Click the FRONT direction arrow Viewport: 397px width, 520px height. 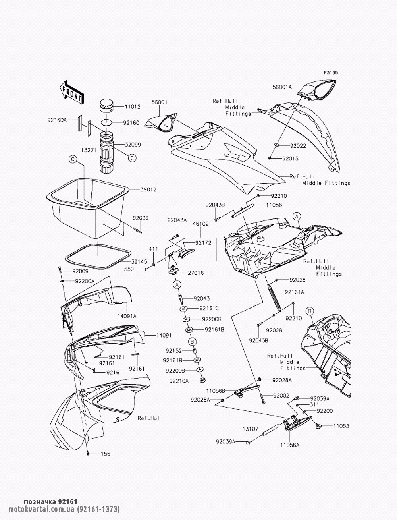71,93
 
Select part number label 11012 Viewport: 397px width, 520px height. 132,107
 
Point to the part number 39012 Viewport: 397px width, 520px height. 148,189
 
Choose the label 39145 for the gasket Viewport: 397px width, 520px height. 139,261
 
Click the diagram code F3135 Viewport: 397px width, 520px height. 331,72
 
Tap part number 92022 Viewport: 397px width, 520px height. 298,146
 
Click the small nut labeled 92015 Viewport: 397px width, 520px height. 270,158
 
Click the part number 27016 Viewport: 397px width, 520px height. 196,273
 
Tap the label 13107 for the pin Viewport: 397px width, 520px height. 251,429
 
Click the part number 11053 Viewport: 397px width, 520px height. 341,426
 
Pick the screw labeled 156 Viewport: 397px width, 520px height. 88,453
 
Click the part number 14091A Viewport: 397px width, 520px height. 127,316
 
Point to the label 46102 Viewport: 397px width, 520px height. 201,224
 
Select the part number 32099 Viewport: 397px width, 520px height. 133,144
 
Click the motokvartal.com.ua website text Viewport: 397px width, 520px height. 42,509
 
